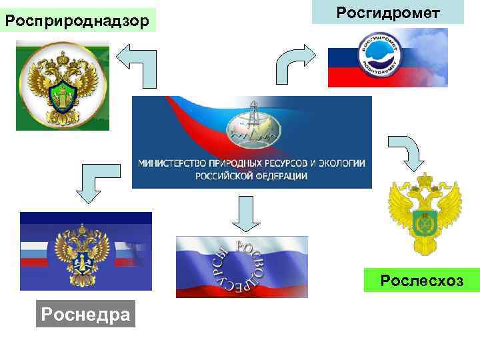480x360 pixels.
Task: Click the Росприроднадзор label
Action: click(77, 21)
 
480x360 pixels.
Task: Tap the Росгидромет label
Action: click(388, 13)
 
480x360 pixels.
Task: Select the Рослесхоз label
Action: click(421, 281)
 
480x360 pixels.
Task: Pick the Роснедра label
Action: click(85, 313)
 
